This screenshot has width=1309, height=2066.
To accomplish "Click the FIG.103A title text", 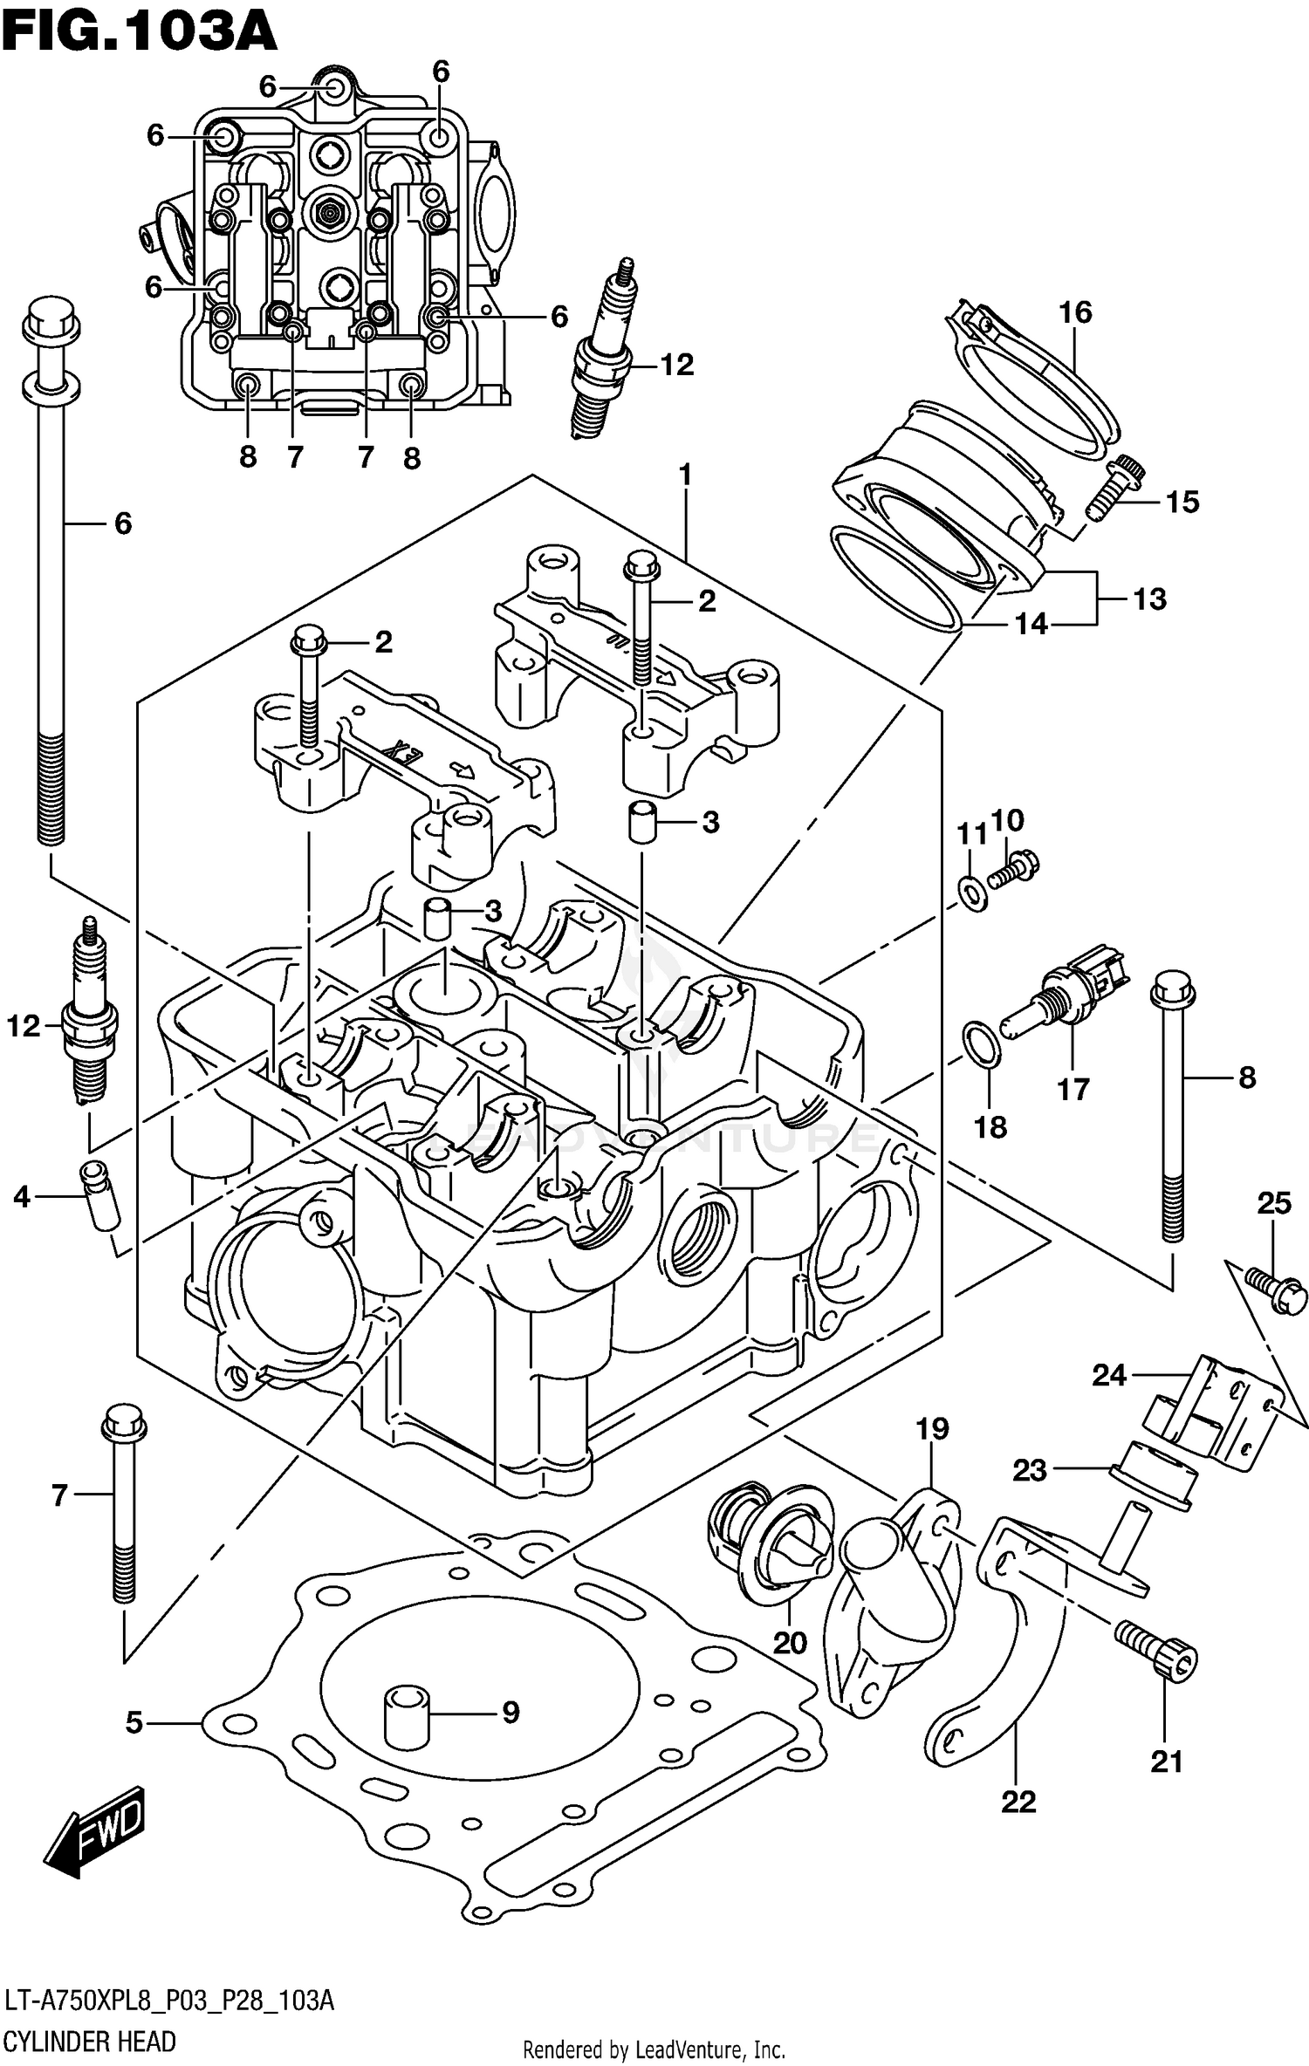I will (140, 32).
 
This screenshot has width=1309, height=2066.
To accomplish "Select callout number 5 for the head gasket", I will (134, 1723).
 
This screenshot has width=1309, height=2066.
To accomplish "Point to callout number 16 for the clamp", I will (1075, 311).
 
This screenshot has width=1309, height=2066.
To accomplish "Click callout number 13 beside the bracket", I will (1149, 599).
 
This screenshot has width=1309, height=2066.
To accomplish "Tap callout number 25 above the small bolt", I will (1273, 1204).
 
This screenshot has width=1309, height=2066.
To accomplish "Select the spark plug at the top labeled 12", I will (604, 358).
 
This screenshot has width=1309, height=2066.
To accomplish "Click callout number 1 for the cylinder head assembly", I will (685, 475).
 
